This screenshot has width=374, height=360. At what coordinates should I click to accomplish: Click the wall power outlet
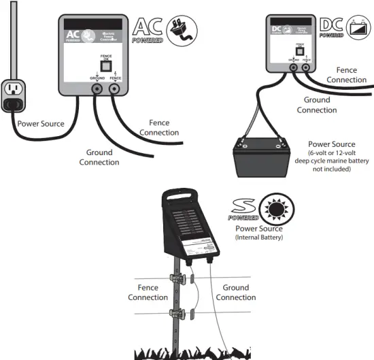tap(12, 95)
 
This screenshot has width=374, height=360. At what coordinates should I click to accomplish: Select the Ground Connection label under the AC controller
tap(99, 157)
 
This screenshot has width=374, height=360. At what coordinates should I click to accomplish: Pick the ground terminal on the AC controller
tap(97, 88)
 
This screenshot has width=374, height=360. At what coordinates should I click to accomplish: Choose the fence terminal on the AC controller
tap(116, 88)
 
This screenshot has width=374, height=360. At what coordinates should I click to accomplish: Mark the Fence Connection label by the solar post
tap(148, 293)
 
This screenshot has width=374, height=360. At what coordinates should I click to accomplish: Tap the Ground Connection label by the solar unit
tap(235, 293)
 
